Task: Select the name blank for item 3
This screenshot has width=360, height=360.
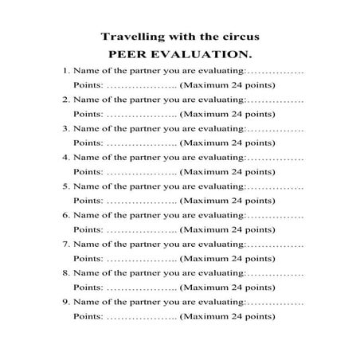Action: coord(276,128)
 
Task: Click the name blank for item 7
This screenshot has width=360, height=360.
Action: coord(276,245)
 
